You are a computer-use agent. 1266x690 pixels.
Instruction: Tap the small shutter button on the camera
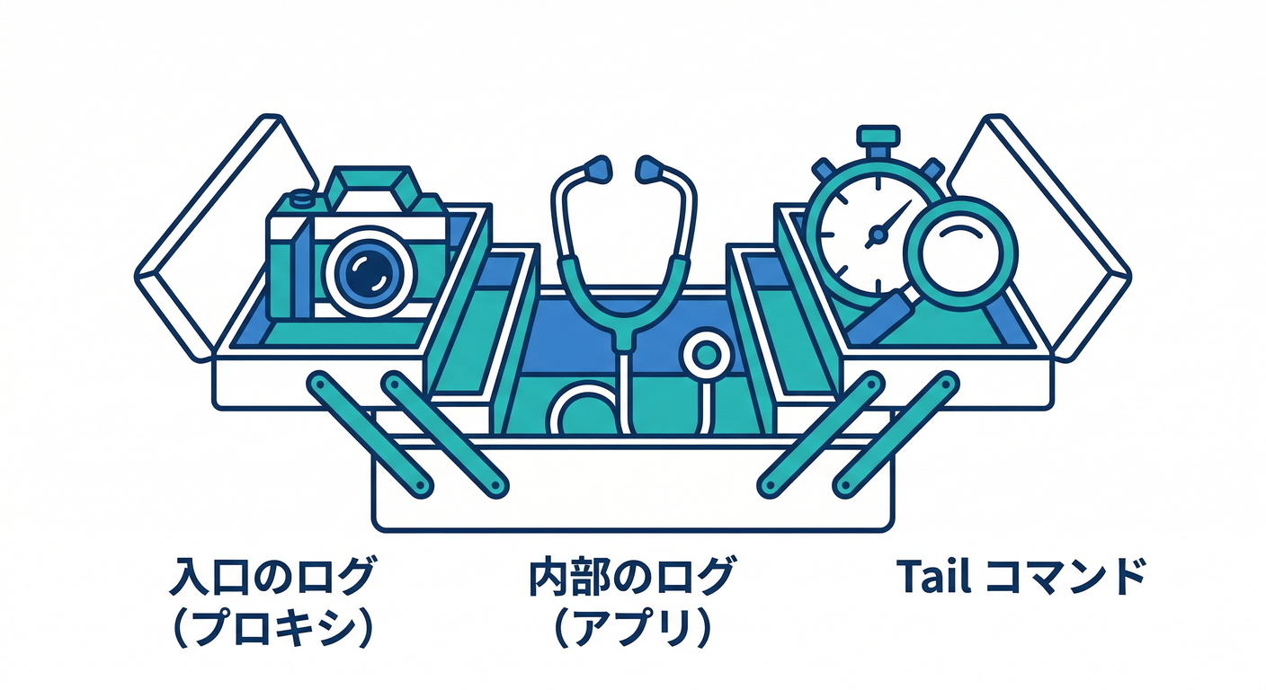pos(301,199)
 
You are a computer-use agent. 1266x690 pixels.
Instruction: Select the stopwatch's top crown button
pos(878,136)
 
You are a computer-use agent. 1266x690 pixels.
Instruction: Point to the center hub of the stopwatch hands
pos(878,234)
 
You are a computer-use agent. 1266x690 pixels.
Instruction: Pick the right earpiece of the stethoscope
pos(650,170)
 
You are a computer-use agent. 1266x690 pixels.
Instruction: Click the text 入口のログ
pos(272,576)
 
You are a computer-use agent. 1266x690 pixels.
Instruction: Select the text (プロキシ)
pos(272,627)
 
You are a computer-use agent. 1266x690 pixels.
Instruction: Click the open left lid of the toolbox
pos(226,237)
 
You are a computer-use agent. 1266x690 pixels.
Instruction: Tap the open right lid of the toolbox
pos(1040,237)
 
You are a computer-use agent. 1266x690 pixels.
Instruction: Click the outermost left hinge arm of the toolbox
pos(370,435)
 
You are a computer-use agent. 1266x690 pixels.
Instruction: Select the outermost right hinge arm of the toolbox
pos(896,435)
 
